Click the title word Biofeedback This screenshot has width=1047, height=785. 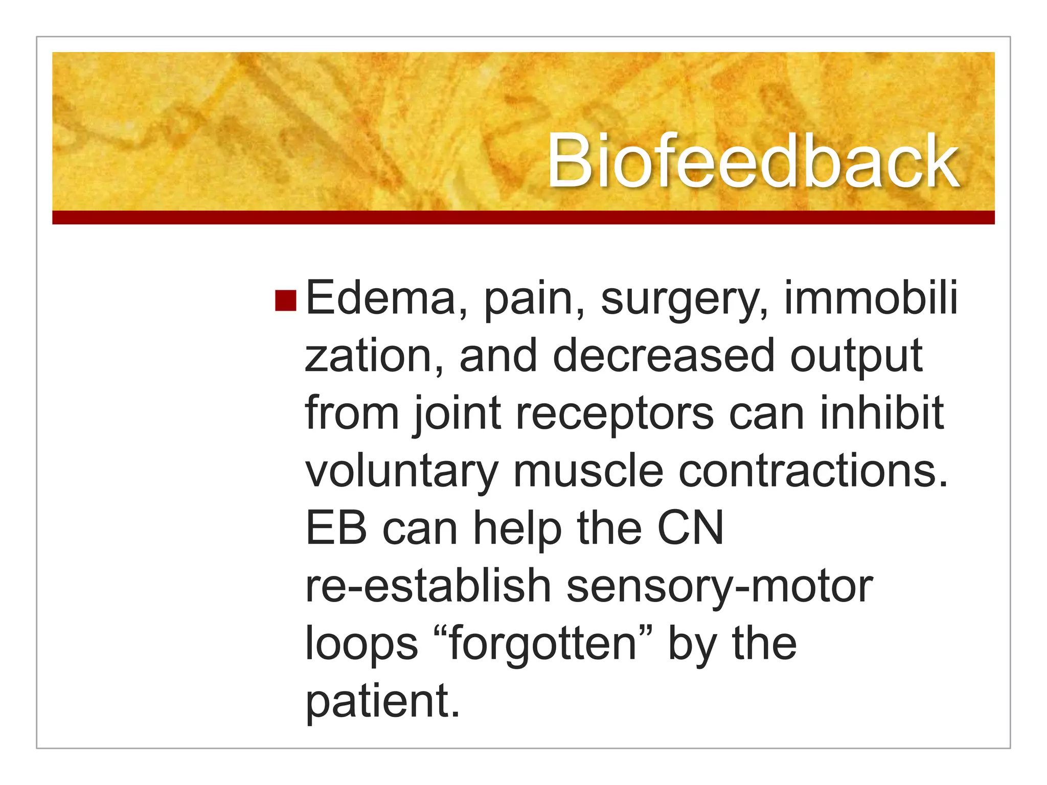753,161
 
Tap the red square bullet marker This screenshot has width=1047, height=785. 285,301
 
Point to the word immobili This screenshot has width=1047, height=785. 870,298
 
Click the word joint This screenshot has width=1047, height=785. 457,414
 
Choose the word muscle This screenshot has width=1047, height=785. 588,471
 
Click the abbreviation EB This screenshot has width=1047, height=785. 336,528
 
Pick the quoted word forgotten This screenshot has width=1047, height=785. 542,644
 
